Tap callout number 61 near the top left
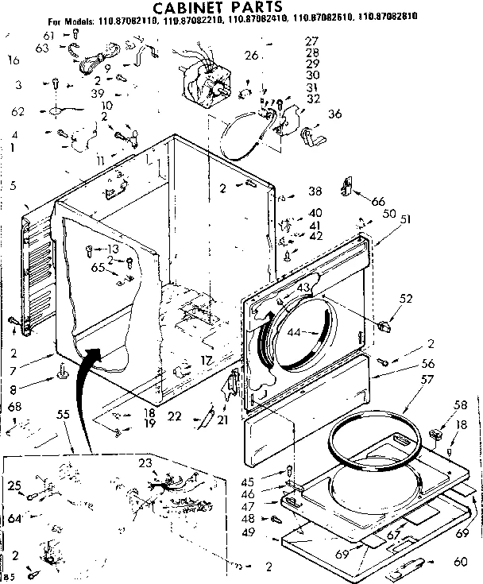tap(48, 37)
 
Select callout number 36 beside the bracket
tap(334, 114)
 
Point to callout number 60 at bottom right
tap(459, 563)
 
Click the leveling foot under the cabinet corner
tap(60, 370)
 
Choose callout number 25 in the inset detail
tap(14, 485)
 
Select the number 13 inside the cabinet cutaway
tap(114, 248)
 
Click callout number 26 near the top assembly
tap(252, 56)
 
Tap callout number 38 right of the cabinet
tap(315, 191)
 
